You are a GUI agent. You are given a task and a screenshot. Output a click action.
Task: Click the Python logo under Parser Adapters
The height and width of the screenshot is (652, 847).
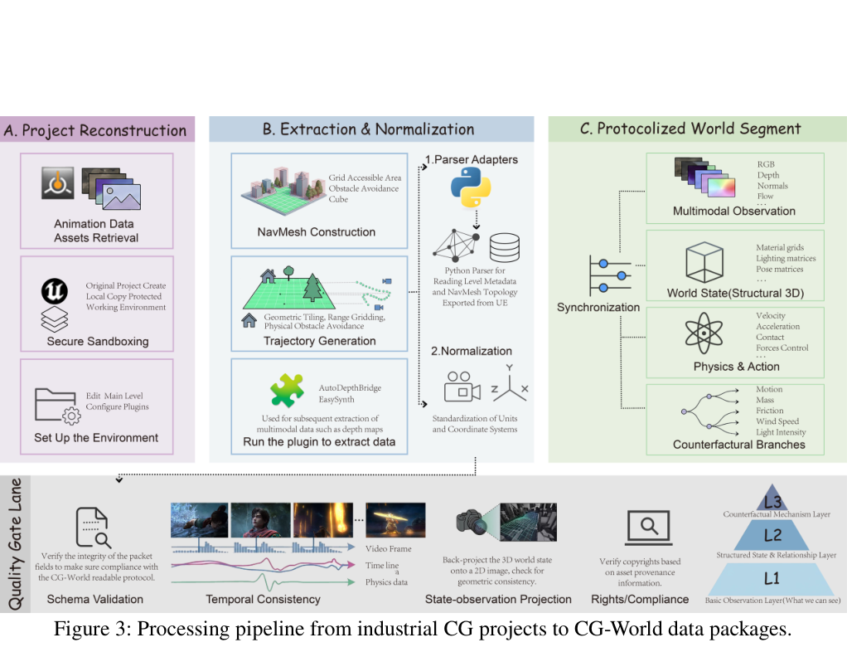click(x=471, y=187)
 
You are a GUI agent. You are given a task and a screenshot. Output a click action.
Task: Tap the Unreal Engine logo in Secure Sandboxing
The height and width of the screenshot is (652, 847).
click(x=55, y=291)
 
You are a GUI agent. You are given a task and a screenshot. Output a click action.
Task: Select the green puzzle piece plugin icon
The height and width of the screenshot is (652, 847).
click(x=287, y=391)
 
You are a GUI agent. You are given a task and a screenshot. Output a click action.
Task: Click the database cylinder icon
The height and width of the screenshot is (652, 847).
click(x=505, y=247)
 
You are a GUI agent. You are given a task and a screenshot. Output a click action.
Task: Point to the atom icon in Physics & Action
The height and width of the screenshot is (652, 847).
click(x=704, y=333)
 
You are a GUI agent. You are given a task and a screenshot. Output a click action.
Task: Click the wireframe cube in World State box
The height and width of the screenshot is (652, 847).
click(x=704, y=262)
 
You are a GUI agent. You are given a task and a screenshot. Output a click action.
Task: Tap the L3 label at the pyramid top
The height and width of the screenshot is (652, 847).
click(x=772, y=502)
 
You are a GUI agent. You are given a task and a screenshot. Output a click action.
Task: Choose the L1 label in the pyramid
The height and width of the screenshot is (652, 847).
click(x=772, y=578)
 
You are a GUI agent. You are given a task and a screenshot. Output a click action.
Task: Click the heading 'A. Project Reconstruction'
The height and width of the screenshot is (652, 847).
click(x=95, y=130)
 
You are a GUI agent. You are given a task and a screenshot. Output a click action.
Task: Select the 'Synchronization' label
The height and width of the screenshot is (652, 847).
click(x=598, y=307)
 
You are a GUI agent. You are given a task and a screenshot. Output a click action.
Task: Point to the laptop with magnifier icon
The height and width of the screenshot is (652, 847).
click(x=649, y=528)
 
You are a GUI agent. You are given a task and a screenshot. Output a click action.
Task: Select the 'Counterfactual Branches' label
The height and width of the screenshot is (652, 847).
click(x=739, y=445)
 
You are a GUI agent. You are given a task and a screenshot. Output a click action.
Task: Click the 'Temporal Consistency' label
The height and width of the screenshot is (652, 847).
click(x=263, y=599)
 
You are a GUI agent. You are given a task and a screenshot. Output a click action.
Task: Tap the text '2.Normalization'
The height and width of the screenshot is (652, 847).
click(x=471, y=351)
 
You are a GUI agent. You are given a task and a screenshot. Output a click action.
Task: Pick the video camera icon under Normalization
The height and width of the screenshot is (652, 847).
click(x=462, y=387)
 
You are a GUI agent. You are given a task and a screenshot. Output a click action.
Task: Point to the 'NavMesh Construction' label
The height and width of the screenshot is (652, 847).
click(x=316, y=232)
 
